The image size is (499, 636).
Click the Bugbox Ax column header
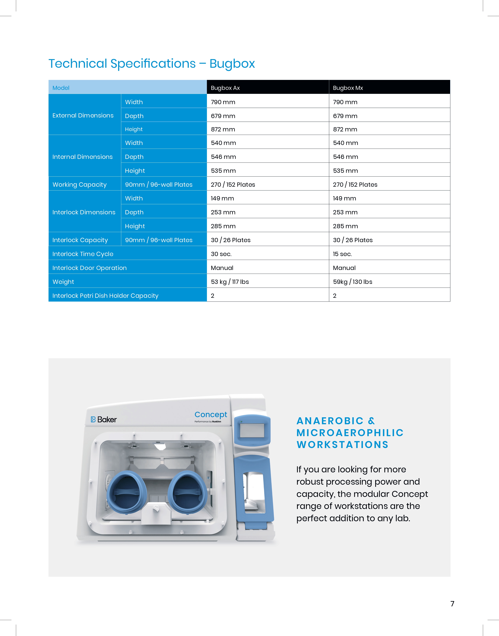225,88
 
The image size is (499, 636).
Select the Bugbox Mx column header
348,88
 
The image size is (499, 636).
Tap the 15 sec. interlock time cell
342,254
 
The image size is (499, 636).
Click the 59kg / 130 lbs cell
353,282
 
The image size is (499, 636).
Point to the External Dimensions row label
83,115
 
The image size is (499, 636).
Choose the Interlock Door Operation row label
89,268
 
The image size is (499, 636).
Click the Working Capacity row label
79,184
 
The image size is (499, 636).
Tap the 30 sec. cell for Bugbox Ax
221,254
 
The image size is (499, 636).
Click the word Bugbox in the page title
232,64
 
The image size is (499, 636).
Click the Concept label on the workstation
211,415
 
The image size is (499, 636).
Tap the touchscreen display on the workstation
252,430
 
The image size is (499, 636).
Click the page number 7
452,604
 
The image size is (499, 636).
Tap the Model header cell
61,88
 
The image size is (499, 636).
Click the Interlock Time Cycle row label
83,254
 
